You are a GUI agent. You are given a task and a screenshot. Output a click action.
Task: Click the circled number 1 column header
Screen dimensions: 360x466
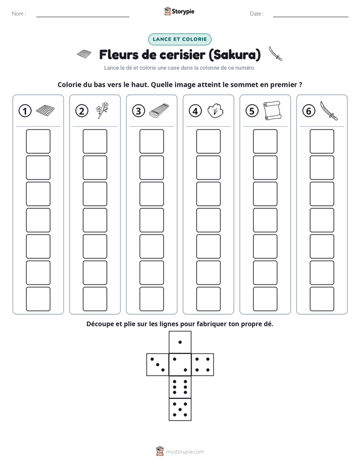click(25, 111)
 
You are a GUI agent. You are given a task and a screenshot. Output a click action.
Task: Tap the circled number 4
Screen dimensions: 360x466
click(195, 111)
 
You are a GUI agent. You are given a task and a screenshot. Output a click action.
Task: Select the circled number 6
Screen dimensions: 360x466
click(309, 111)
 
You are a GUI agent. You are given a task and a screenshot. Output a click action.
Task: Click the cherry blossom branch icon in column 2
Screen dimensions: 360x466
click(102, 110)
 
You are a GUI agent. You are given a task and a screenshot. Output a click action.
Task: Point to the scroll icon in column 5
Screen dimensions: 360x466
click(272, 110)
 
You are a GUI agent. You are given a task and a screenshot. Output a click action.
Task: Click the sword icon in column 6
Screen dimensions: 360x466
click(329, 110)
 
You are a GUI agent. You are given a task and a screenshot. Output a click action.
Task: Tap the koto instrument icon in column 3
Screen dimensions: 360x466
click(159, 111)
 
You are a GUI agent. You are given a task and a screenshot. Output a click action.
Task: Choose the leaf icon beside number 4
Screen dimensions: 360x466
click(215, 110)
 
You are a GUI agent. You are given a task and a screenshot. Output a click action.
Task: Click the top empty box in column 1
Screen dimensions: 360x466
click(38, 141)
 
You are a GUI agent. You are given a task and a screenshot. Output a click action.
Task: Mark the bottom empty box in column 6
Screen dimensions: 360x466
click(322, 299)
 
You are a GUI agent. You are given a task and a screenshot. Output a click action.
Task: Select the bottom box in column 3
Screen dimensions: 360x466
click(151, 299)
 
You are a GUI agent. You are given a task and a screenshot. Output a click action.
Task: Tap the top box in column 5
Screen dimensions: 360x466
click(265, 141)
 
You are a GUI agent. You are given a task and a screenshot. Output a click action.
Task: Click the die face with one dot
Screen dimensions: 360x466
click(180, 342)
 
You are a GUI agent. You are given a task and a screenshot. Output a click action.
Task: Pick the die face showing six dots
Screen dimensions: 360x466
click(180, 387)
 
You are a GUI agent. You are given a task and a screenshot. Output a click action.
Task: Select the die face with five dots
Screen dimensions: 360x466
click(180, 410)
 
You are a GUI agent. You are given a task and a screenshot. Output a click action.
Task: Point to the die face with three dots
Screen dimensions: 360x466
click(158, 365)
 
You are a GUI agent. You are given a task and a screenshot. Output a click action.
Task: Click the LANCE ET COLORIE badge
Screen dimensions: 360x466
click(179, 39)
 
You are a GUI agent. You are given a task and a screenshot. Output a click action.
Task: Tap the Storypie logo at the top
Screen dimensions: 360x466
click(179, 11)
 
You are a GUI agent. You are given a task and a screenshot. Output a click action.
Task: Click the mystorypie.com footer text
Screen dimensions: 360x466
click(185, 452)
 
